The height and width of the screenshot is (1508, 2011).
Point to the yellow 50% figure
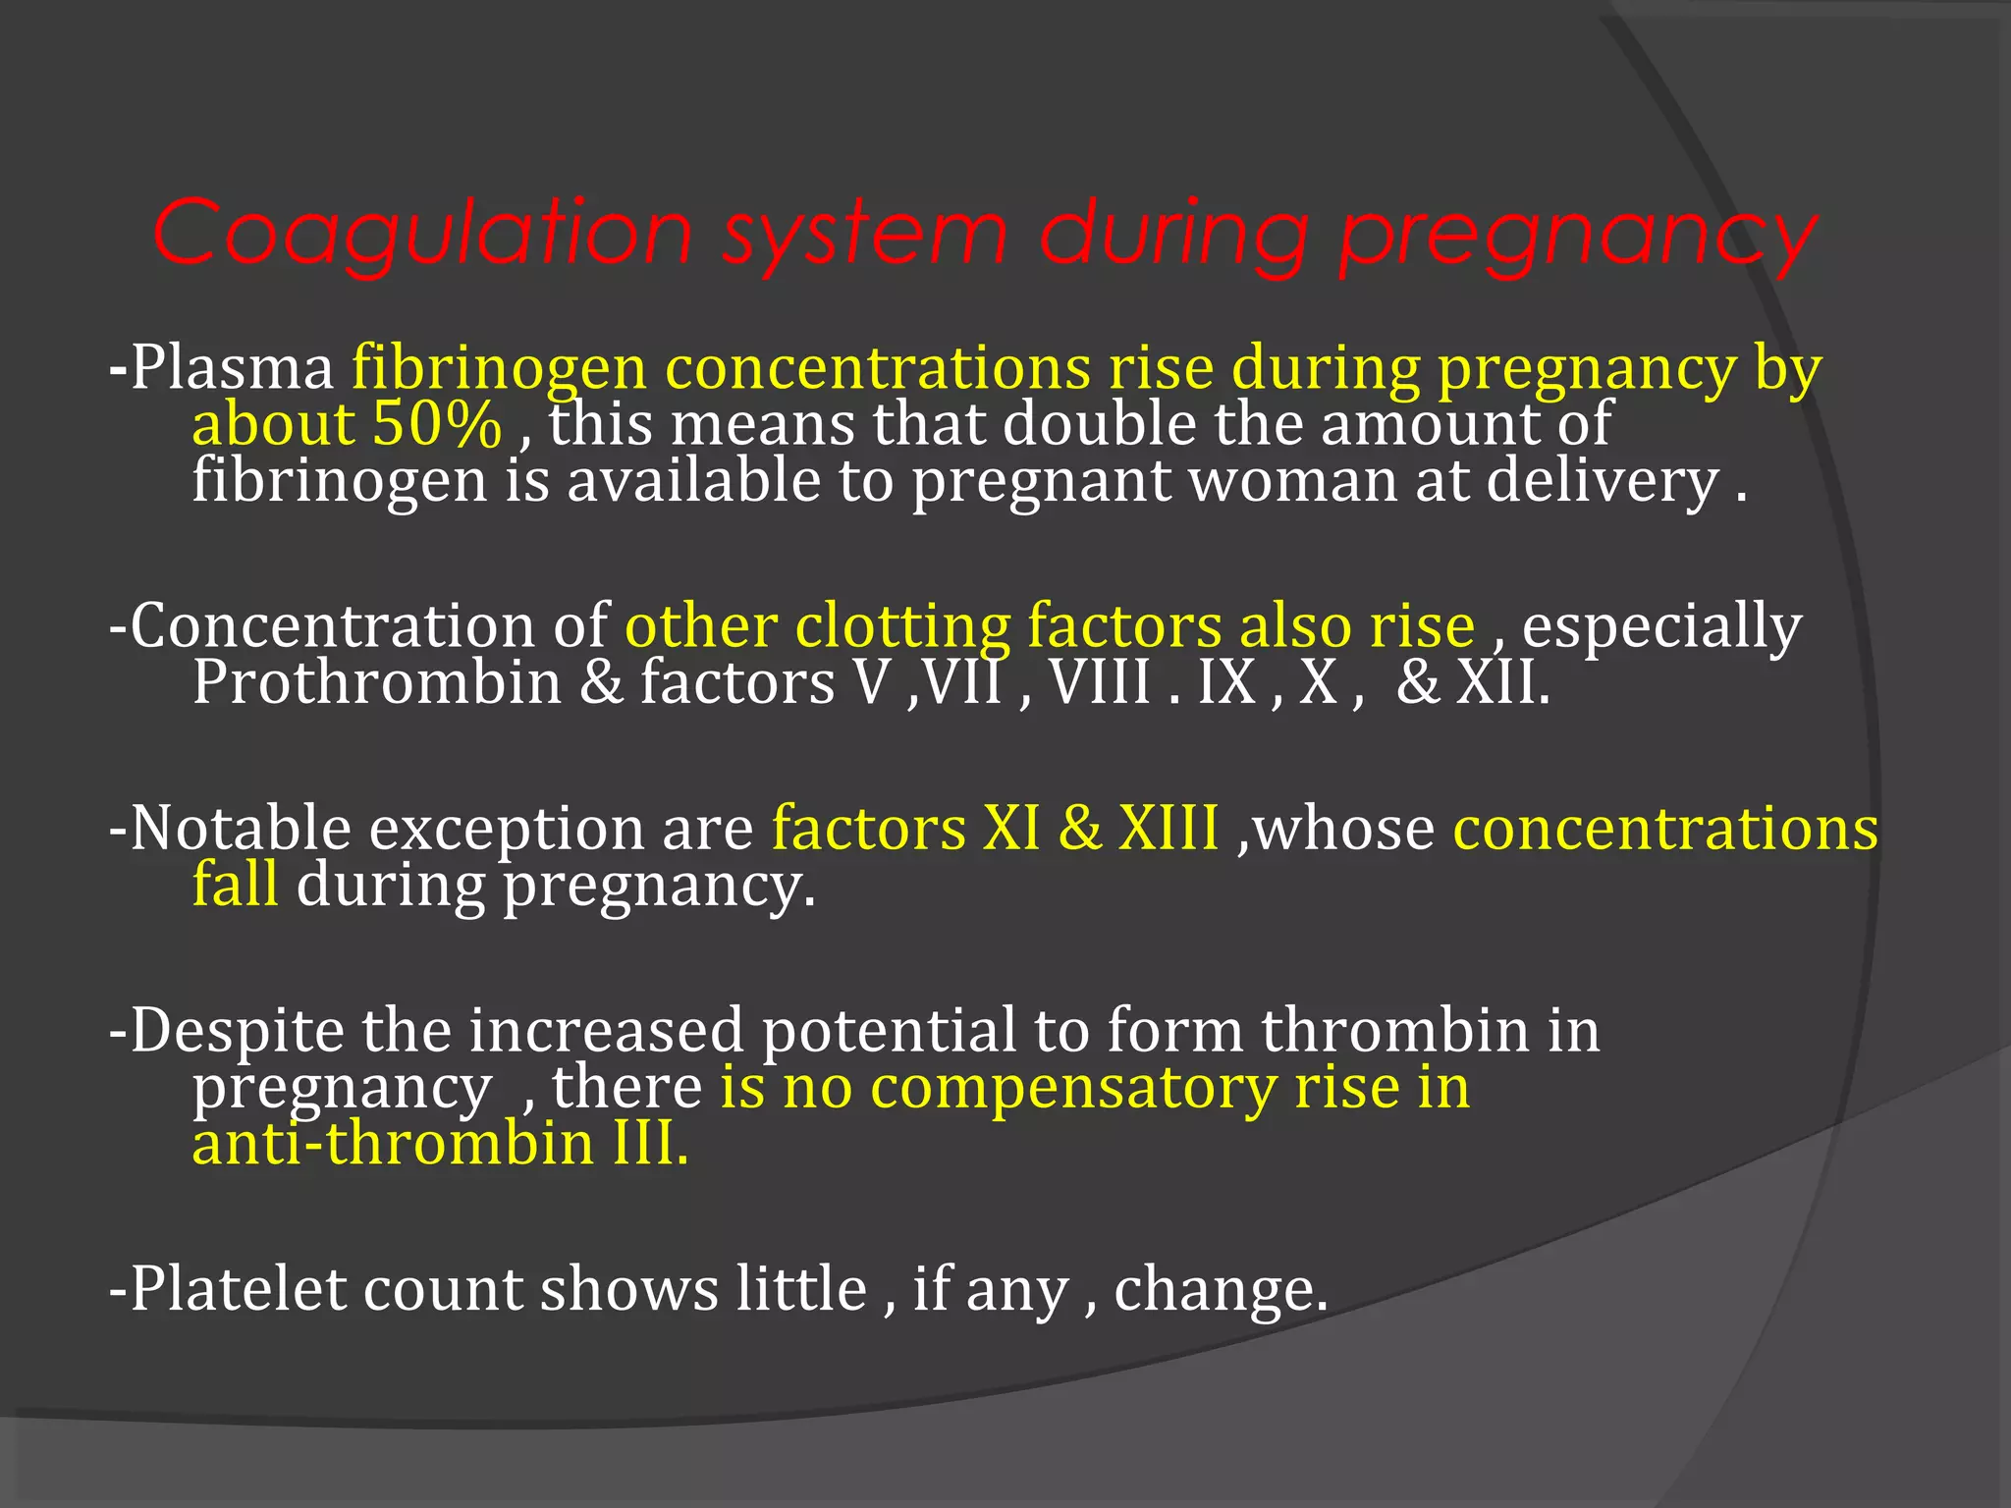[x=437, y=424]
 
